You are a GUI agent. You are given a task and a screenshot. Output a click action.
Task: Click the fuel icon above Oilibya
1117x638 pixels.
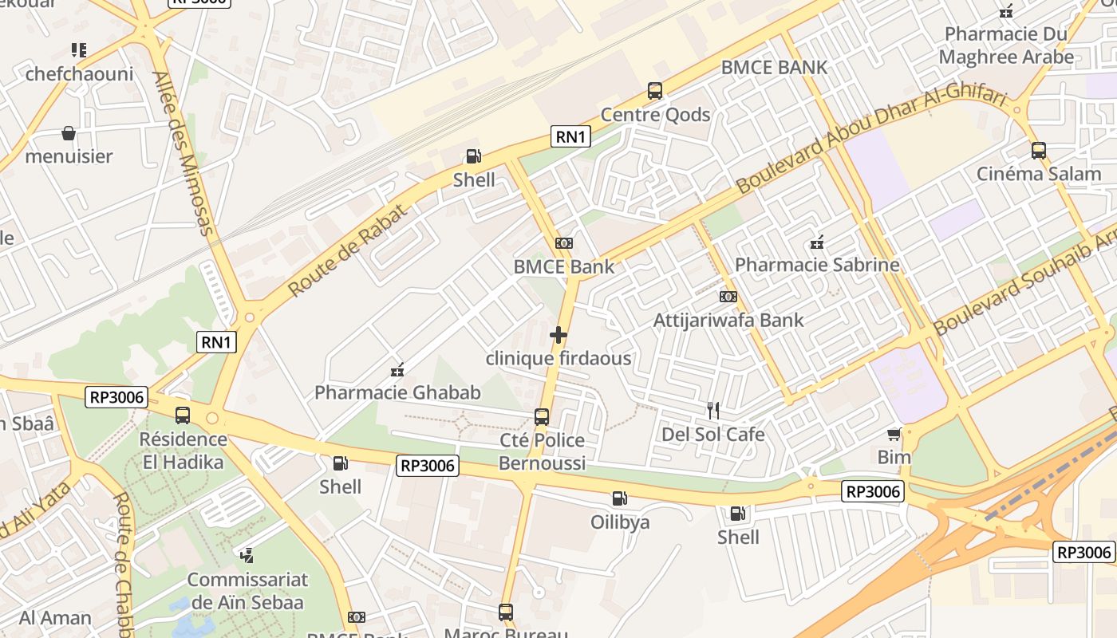pos(619,498)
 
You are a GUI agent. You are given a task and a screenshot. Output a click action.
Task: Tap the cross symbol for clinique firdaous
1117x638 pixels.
pos(558,335)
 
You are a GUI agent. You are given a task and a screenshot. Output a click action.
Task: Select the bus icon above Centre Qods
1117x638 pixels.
pos(655,91)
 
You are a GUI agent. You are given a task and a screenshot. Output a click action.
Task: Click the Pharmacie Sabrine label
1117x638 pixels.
pos(817,265)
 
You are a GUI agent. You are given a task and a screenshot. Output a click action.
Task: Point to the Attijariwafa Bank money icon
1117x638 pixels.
pos(728,297)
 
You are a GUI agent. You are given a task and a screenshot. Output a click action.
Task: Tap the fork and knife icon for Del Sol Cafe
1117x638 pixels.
pos(713,411)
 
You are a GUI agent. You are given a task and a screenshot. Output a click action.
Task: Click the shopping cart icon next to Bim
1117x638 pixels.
pos(894,434)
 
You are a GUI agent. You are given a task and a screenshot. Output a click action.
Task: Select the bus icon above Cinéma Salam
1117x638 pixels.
pos(1039,150)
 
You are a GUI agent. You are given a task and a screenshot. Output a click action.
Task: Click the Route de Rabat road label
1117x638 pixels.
pos(348,250)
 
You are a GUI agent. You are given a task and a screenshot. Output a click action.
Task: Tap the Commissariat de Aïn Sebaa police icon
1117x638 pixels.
pos(247,555)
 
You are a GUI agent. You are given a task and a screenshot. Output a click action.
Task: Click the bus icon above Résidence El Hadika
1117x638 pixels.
pos(183,415)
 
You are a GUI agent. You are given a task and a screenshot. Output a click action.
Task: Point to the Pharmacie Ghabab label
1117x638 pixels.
pos(397,392)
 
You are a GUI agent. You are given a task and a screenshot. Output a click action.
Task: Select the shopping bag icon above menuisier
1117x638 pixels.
pos(69,132)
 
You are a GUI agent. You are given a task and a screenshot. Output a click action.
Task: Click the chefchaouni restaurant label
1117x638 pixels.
pos(79,74)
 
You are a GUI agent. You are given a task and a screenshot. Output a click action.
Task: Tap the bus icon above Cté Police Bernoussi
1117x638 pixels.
pos(542,416)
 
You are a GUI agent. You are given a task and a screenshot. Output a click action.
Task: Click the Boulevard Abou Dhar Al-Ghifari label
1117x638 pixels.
pos(871,142)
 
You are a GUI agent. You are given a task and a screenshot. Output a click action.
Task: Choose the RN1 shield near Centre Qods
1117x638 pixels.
pos(570,137)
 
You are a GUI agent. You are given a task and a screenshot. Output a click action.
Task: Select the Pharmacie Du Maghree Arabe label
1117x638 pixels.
pos(1006,45)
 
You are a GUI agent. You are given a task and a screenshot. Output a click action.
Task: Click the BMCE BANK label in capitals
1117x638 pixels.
pos(774,68)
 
